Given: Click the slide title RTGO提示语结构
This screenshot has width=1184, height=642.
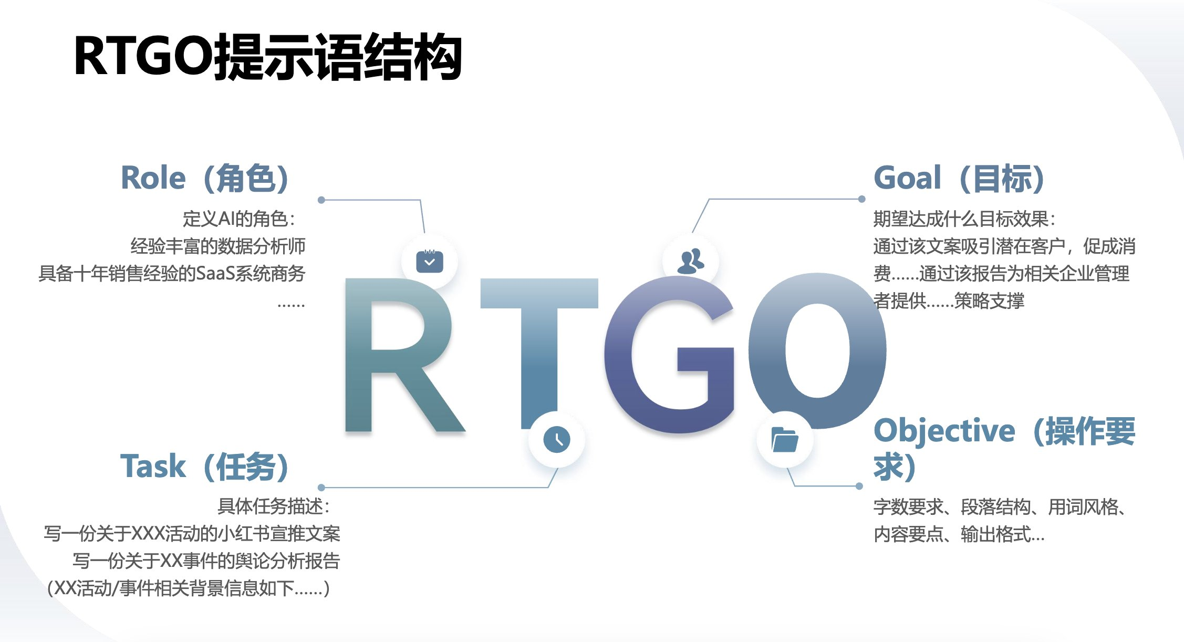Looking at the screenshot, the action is pos(268,57).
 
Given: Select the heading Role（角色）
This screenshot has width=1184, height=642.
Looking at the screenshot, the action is pos(205,178).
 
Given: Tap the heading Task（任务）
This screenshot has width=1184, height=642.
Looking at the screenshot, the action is pos(205,466).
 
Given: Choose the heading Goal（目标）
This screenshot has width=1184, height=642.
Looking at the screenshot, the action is pos(959,178).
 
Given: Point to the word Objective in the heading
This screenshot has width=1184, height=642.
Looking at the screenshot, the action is pos(944,431).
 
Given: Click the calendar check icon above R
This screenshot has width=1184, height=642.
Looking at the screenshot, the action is pos(430,261).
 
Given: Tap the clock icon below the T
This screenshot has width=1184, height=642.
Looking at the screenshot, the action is pos(557,439).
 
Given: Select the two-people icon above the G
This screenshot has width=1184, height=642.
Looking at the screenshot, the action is pos(691,261).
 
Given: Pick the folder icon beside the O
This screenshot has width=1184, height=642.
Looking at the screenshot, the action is pos(785,439).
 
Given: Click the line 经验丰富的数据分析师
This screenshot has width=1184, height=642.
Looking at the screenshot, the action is pos(218,246).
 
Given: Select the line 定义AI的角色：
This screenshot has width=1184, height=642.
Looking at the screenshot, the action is pos(239,219).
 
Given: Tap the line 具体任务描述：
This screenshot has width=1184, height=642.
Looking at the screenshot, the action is pos(274,506).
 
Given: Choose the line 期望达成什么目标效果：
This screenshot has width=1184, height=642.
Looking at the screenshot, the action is pos(964,219).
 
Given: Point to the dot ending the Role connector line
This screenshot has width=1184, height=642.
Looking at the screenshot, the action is pos(321,200).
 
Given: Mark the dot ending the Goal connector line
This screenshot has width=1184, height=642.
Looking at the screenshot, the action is pos(861,199).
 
